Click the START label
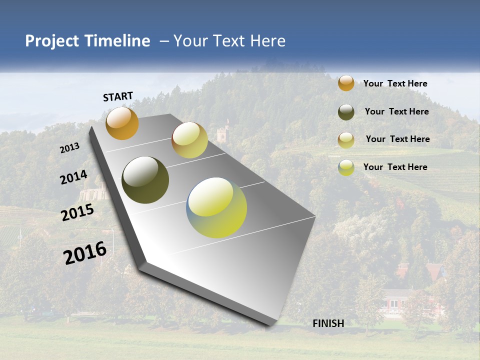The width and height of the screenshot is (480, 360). coord(118,96)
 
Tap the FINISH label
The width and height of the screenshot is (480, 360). coord(328,323)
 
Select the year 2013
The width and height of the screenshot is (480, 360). coord(69,148)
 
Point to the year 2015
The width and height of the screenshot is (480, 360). coord(77,213)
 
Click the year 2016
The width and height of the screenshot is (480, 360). coord(85,253)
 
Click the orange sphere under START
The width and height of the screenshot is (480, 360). coord(122,123)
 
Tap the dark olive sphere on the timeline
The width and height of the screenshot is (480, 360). coord(145,180)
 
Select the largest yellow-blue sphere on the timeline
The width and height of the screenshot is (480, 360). coord(216,207)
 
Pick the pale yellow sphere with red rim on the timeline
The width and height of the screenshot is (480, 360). coord(189,140)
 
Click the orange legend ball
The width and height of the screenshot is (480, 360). coord(346,83)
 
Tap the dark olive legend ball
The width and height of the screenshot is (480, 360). coord(346,112)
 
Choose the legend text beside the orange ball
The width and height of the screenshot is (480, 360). coord(395,83)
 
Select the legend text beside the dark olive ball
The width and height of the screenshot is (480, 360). coord(397,111)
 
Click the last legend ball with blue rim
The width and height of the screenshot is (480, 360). coord(346,167)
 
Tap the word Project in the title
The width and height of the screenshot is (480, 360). coord(52,41)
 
